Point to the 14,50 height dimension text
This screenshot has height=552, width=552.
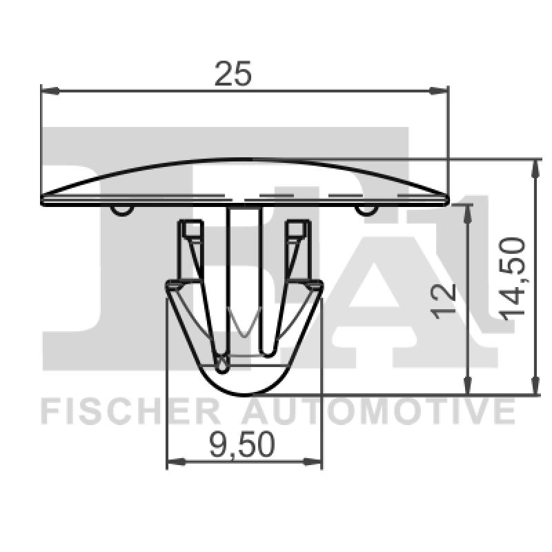coord(513,277)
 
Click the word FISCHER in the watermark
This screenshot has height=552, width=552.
coord(131,412)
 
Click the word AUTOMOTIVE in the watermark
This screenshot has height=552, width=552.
coord(379,412)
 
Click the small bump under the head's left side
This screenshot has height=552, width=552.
coord(121,209)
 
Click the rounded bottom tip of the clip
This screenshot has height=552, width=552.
coord(244,392)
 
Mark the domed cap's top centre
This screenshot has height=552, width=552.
coord(244,161)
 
